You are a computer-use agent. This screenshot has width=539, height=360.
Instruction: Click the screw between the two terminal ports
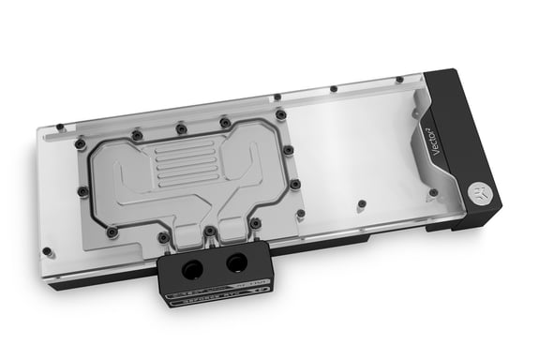[211, 231]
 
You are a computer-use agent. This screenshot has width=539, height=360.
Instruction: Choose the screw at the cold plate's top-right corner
[280, 114]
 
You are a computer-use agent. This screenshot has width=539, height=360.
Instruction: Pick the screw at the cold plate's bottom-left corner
[112, 231]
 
